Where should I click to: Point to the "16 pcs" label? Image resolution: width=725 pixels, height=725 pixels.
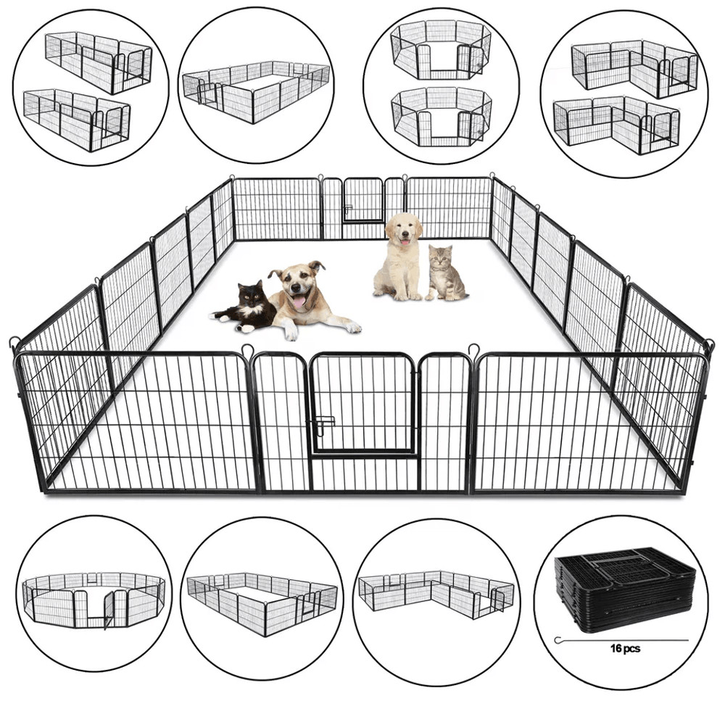(x=625, y=649)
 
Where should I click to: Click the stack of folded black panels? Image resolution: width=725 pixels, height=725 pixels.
(x=624, y=591)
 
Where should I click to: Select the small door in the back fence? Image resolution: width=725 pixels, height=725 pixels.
(x=362, y=201)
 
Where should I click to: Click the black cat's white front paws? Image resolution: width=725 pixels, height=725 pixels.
(x=221, y=319)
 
